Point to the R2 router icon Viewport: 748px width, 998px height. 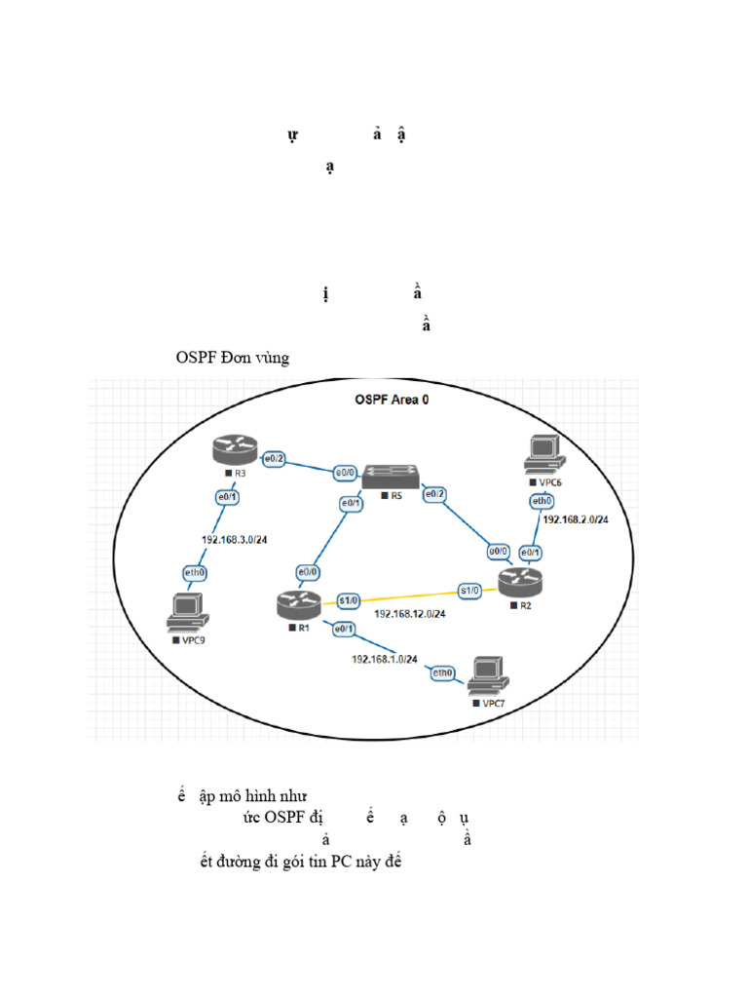(x=524, y=582)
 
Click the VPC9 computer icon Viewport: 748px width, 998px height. (x=185, y=613)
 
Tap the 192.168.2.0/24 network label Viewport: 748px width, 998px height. (x=576, y=520)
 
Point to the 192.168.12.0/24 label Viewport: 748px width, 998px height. (x=410, y=614)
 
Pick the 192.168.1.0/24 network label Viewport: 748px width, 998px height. (x=385, y=659)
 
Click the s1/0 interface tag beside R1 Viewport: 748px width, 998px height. (x=350, y=598)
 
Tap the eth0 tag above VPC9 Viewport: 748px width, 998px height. (x=195, y=573)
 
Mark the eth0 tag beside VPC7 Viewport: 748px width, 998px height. (x=443, y=672)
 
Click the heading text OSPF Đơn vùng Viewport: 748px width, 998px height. (x=233, y=358)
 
